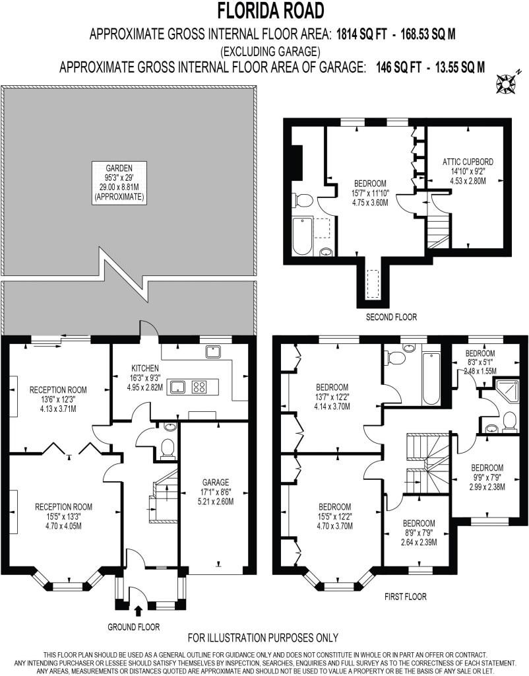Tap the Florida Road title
270,11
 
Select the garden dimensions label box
119,182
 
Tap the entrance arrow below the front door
138,611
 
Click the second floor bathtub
302,237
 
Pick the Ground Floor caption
133,627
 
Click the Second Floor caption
391,318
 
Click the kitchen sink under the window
214,353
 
